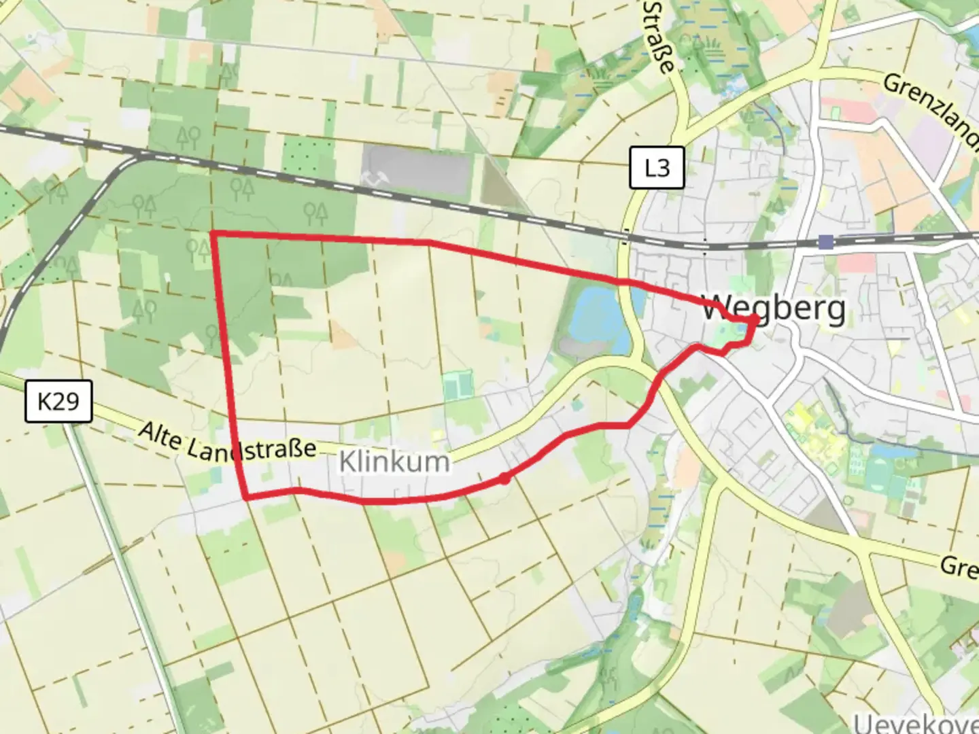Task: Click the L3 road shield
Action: click(656, 167)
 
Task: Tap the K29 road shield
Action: click(58, 401)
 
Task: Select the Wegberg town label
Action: click(774, 309)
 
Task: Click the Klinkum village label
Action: click(394, 462)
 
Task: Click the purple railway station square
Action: click(826, 242)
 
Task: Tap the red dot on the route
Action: click(504, 478)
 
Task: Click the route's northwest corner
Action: click(213, 234)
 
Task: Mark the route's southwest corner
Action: click(245, 498)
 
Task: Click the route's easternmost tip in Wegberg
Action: click(757, 319)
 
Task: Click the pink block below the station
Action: click(857, 264)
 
